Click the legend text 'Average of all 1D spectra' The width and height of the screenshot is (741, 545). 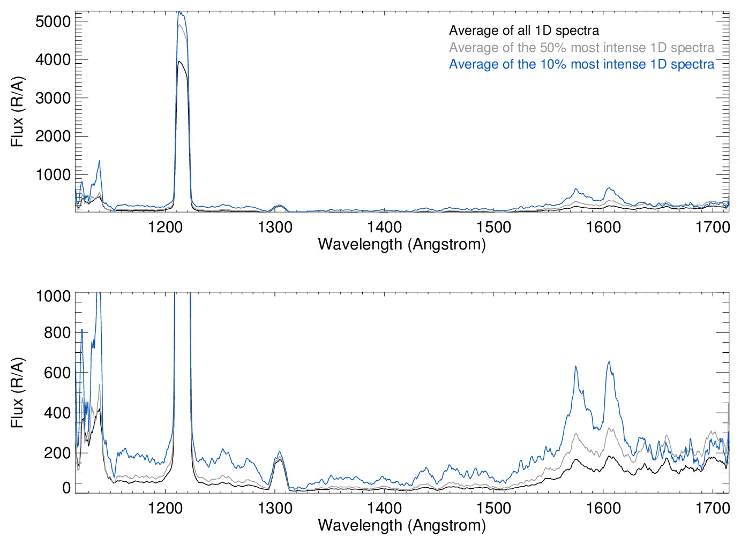[x=523, y=31]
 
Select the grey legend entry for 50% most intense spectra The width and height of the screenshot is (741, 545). [x=581, y=48]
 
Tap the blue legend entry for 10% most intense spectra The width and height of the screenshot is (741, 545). [x=581, y=64]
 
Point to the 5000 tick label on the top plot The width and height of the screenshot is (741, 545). [x=53, y=21]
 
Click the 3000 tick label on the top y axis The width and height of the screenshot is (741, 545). [x=53, y=98]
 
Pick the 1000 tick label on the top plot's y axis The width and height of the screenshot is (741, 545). [x=53, y=175]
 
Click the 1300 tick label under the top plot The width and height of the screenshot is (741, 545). [x=275, y=227]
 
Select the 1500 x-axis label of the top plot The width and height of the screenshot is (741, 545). [x=494, y=227]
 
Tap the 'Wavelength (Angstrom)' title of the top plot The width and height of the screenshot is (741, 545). [x=402, y=244]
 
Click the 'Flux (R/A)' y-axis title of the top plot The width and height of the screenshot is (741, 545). [x=18, y=112]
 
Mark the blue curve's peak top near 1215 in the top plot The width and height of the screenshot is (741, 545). [x=180, y=12]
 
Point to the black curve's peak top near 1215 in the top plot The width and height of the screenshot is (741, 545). [x=180, y=62]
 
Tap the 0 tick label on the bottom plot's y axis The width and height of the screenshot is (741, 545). [x=66, y=488]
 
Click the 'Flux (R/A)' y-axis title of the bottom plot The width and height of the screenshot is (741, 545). [x=18, y=393]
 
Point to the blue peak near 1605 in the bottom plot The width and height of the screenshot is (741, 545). [x=609, y=362]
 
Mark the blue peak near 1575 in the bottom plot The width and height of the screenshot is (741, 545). [x=575, y=366]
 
